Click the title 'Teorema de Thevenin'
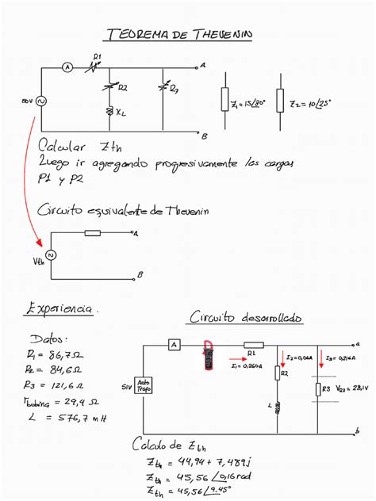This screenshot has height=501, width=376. pos(178,35)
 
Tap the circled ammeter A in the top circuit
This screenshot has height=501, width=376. pos(67,68)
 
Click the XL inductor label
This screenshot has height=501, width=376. pos(121,113)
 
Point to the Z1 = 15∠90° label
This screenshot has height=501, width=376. pos(247,103)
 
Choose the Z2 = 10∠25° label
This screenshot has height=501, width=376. pos(311,103)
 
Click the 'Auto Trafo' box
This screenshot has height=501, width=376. pos(143,386)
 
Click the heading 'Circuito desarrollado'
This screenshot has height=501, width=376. pos(245,317)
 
